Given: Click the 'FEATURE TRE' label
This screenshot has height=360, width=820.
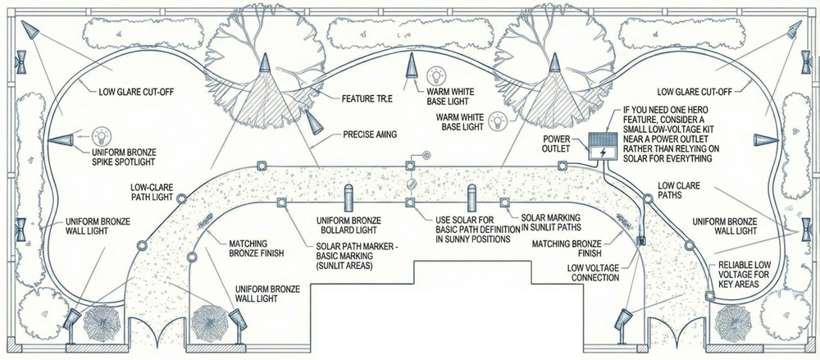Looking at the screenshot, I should (x=366, y=98).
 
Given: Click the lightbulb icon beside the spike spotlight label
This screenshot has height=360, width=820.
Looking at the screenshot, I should (x=101, y=135).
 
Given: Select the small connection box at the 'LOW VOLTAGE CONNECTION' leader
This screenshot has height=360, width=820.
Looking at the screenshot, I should (x=640, y=241).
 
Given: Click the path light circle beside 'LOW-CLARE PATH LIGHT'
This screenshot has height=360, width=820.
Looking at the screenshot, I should (x=181, y=198).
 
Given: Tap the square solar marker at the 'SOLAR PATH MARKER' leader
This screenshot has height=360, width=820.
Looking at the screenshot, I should (x=280, y=202).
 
